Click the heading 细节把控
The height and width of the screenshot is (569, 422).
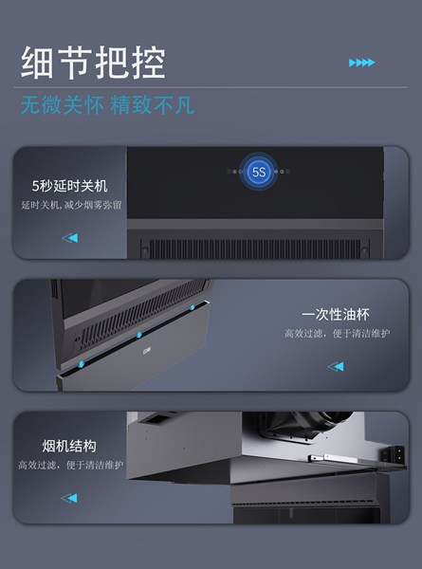point(93,63)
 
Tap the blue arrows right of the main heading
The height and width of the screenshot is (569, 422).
point(361,63)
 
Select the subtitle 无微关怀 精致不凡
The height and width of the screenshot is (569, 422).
point(107,105)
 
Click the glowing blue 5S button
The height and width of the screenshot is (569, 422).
point(259,172)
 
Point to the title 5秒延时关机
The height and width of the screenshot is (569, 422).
point(69,186)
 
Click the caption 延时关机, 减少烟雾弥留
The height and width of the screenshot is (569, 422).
point(71,205)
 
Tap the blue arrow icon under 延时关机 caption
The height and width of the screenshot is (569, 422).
point(70,238)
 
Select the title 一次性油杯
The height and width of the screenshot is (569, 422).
point(336,314)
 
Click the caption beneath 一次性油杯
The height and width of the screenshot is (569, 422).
point(337,333)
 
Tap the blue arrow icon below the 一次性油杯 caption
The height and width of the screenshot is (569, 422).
point(336,366)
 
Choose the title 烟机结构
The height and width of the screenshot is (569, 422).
point(69,446)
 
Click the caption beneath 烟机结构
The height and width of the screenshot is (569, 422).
point(71,465)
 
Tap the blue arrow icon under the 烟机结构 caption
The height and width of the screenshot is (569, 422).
point(69,498)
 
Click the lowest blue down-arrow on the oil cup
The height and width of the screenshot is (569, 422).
point(82,363)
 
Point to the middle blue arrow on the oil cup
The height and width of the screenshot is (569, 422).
point(139,335)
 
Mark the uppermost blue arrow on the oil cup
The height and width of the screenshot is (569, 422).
point(193,307)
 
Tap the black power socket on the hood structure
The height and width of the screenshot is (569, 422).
point(398,453)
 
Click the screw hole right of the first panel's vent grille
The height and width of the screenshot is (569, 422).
point(365,250)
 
